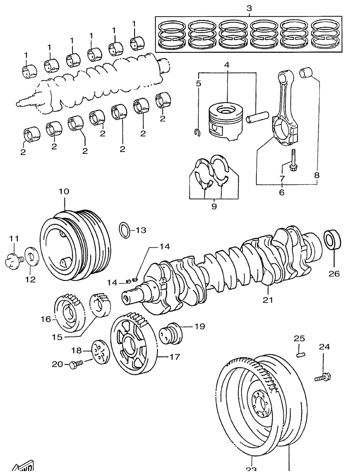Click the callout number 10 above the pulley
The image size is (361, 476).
pos(64,192)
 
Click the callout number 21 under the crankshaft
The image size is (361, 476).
pos(268,299)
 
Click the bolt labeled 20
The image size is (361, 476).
pos(75,364)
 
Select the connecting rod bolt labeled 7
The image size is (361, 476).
pos(292,162)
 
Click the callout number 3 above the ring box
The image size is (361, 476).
pos(249,8)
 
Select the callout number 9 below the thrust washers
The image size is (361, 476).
pos(214,206)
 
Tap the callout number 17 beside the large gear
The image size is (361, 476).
pos(174,356)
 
